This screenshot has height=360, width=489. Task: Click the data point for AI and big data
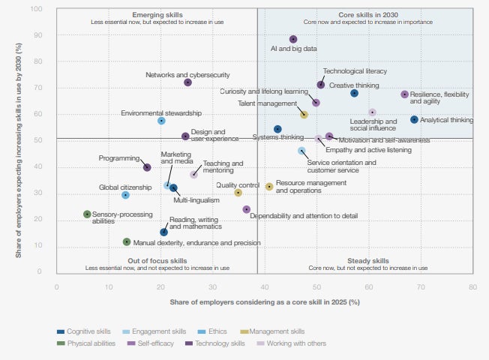pyautogui.click(x=293, y=39)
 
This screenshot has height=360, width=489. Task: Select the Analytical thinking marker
pyautogui.click(x=414, y=119)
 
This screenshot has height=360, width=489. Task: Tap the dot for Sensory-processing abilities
pyautogui.click(x=87, y=214)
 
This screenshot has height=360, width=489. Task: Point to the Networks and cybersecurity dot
pyautogui.click(x=187, y=82)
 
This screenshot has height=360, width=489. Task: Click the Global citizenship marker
pyautogui.click(x=125, y=195)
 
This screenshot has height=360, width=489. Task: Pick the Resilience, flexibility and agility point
pyautogui.click(x=405, y=94)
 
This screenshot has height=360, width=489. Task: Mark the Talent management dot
pyautogui.click(x=304, y=115)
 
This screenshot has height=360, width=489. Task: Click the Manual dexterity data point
pyautogui.click(x=127, y=241)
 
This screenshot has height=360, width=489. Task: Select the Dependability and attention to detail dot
pyautogui.click(x=246, y=209)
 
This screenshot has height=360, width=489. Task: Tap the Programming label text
pyautogui.click(x=119, y=158)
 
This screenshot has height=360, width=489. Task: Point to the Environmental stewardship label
pyautogui.click(x=161, y=112)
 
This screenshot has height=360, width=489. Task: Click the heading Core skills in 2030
pyautogui.click(x=364, y=14)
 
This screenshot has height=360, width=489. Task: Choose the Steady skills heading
pyautogui.click(x=369, y=260)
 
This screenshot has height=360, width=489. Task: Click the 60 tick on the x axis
pyautogui.click(x=368, y=286)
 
